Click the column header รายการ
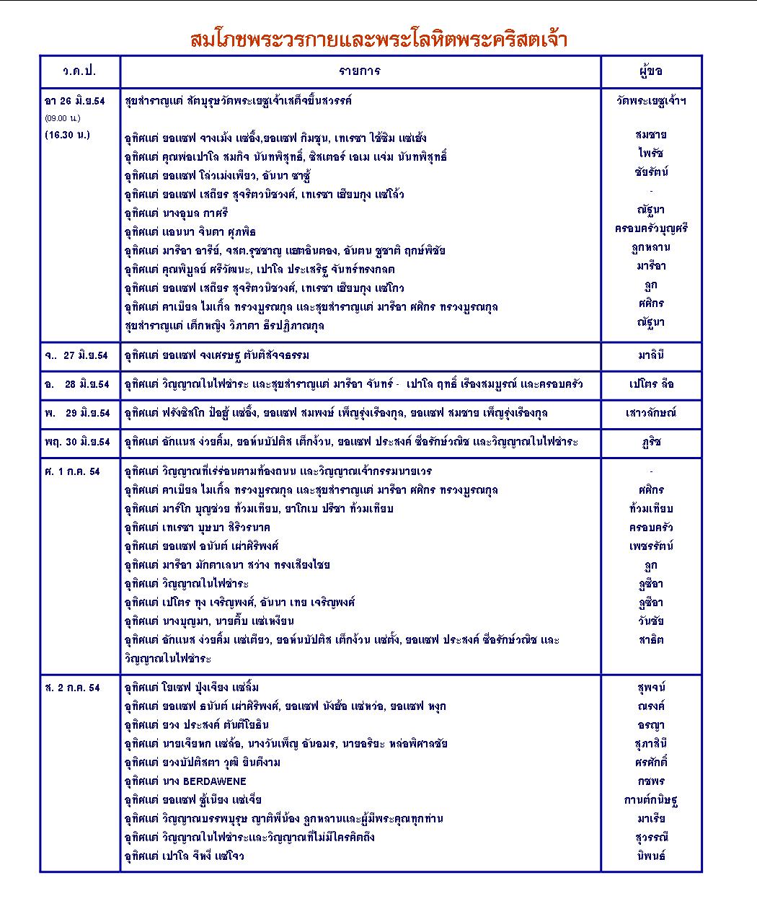pos(360,71)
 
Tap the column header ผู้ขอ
pos(650,71)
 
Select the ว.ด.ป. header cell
pos(79,71)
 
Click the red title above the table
pos(378,38)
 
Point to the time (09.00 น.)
pos(63,117)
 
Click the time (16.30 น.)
pos(68,134)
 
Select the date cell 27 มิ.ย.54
pos(77,356)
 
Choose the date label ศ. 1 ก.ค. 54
pos(72,472)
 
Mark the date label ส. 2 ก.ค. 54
pos(72,688)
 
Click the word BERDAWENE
pos(215,781)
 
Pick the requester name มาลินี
pos(651,356)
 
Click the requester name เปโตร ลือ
pos(651,385)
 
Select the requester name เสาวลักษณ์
pos(651,414)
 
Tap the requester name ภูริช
pos(651,443)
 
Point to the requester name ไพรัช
pos(651,154)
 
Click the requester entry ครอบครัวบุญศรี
pos(651,228)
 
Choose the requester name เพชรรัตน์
pos(651,546)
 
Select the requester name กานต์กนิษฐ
pos(651,800)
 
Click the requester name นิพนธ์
pos(651,856)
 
